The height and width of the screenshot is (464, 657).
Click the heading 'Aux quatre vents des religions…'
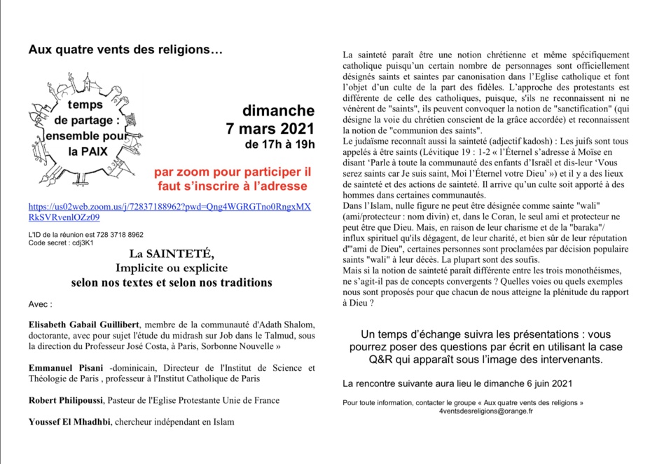point(125,50)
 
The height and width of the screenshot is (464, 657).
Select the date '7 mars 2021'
point(270,129)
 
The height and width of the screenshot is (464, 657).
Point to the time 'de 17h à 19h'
point(280,145)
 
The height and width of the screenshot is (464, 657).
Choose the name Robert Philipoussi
point(65,400)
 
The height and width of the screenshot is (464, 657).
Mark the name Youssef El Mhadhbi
point(69,422)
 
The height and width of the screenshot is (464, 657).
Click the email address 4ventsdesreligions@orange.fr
point(485,411)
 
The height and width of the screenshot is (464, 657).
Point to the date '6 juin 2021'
point(547,383)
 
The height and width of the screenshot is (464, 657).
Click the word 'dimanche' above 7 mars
point(279,111)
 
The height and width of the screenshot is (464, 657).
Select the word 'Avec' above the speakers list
point(40,305)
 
